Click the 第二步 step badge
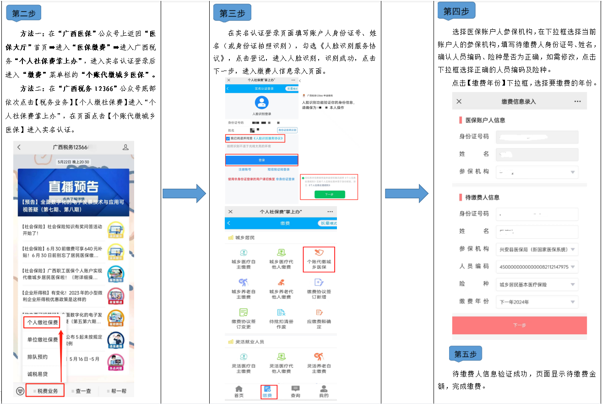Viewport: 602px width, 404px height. (24, 13)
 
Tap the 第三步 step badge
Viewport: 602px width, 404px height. (232, 13)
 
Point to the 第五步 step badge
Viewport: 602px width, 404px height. (465, 354)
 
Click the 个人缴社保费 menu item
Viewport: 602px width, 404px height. (43, 322)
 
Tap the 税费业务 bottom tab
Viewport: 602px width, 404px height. (45, 391)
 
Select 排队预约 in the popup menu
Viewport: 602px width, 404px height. (38, 357)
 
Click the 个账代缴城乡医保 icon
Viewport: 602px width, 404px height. (319, 259)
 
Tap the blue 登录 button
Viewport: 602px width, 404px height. (261, 160)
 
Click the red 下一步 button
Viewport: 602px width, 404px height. (519, 325)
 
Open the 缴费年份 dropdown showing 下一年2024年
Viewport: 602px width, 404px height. (537, 302)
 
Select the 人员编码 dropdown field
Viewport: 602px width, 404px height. (537, 267)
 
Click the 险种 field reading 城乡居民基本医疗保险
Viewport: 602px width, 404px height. (537, 284)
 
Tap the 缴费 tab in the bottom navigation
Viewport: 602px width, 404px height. (267, 392)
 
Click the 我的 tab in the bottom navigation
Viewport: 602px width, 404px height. (323, 392)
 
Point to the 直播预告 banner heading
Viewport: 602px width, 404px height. (73, 186)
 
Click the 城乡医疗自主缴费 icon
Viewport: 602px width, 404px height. (244, 259)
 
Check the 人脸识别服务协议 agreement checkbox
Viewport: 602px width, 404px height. (228, 138)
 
